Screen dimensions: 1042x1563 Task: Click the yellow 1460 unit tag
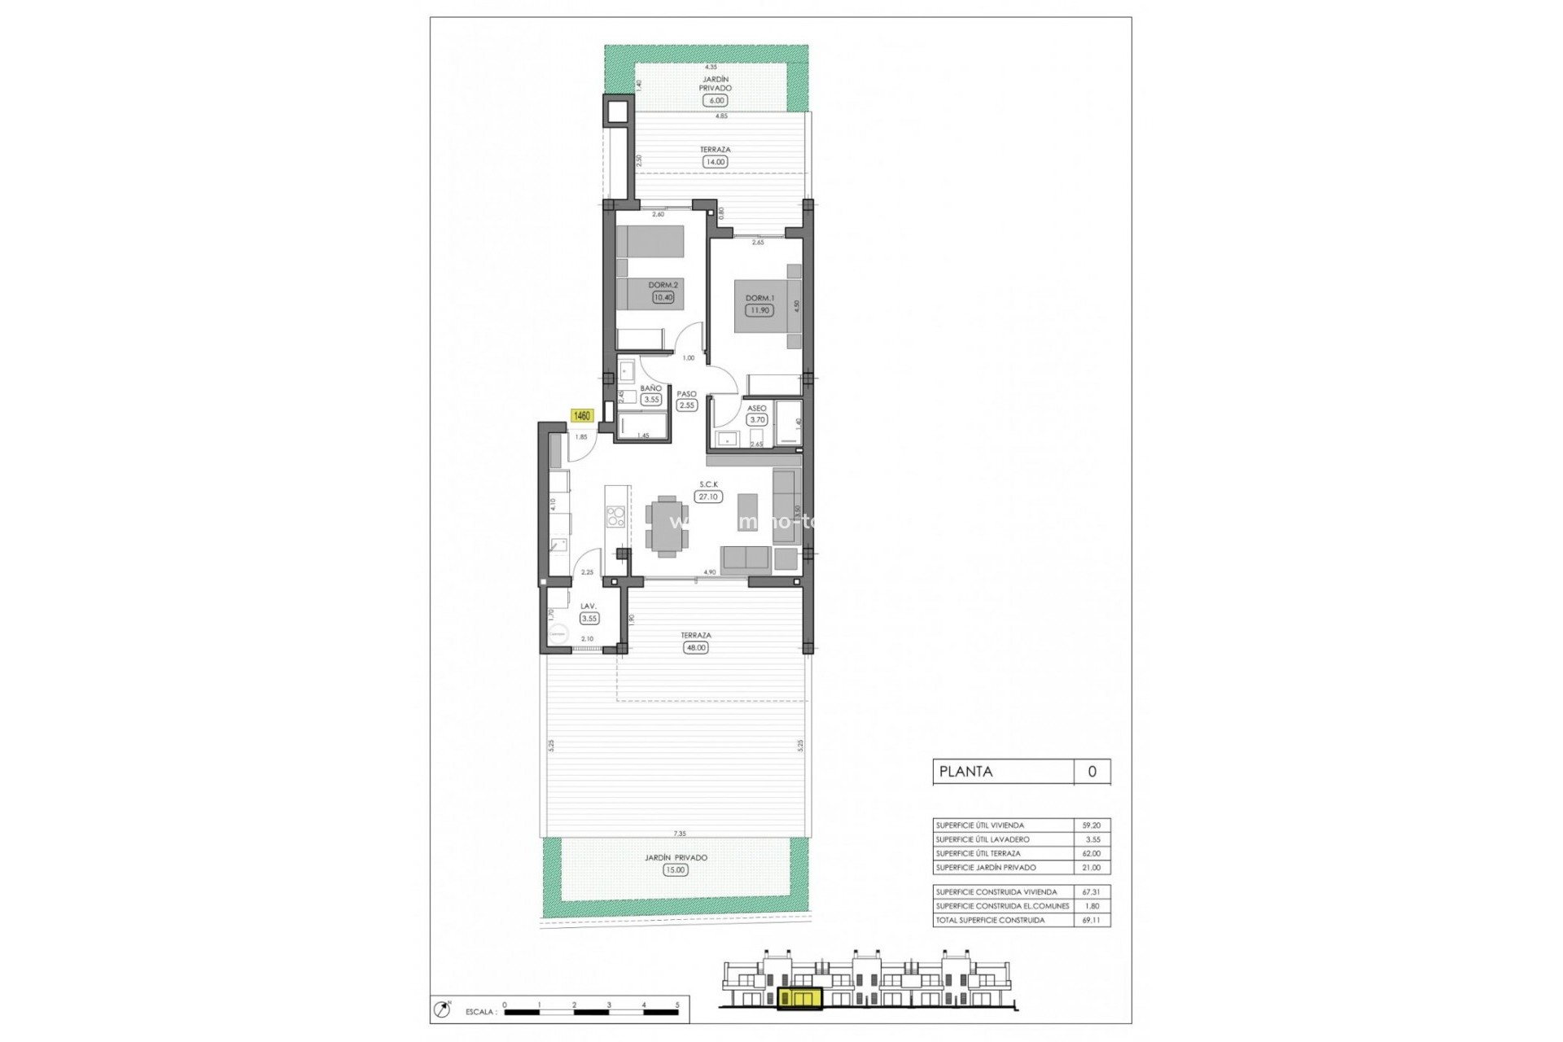click(582, 416)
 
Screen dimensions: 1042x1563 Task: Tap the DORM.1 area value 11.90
click(759, 310)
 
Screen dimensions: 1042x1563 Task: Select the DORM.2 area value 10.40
click(663, 297)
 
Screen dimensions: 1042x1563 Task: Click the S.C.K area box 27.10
click(708, 497)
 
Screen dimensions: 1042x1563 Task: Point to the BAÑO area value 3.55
click(650, 400)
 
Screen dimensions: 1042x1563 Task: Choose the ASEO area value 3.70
click(757, 420)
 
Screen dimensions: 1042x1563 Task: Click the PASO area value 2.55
click(686, 405)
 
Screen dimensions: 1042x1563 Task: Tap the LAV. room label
click(588, 606)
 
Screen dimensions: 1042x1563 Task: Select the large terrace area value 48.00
click(696, 648)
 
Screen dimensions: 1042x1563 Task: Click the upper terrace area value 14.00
click(715, 162)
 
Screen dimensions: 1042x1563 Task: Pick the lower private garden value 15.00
click(676, 870)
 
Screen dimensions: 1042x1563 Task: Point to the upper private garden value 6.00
click(716, 101)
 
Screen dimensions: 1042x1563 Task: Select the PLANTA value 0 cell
click(1092, 772)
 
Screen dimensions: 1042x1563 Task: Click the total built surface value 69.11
click(1091, 920)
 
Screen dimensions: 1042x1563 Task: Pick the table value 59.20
click(1091, 825)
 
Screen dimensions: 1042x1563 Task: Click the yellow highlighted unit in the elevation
click(799, 998)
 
